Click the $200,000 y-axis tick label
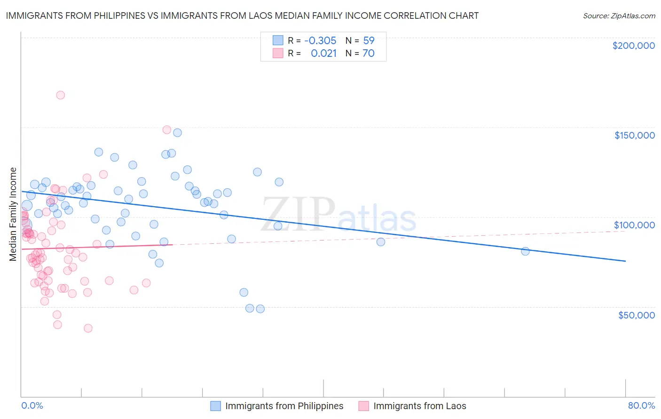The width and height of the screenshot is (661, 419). tap(633, 46)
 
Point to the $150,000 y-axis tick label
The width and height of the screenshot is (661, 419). tap(634, 135)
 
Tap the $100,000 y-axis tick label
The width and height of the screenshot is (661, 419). tap(634, 225)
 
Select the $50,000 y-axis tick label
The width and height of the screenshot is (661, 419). tap(636, 315)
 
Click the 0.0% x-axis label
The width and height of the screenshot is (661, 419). tap(32, 405)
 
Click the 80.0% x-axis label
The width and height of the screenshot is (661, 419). tap(641, 405)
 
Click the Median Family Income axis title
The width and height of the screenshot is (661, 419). tap(13, 214)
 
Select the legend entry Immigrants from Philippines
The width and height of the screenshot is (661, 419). tap(284, 406)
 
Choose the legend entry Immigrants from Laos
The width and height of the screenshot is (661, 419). tap(419, 406)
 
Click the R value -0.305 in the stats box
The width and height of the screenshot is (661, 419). tap(320, 40)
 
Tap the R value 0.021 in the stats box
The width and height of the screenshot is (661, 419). tap(323, 53)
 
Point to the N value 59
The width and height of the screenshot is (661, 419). tap(369, 40)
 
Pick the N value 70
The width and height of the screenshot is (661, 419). tap(369, 53)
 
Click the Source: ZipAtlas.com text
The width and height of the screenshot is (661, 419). tap(619, 16)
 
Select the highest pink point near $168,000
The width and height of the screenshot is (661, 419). tap(60, 95)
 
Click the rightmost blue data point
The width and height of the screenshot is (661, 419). tap(525, 251)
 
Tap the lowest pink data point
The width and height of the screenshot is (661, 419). tap(88, 328)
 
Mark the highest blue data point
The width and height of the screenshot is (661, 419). tap(177, 132)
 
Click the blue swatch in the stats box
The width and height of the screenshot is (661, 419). tap(278, 40)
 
